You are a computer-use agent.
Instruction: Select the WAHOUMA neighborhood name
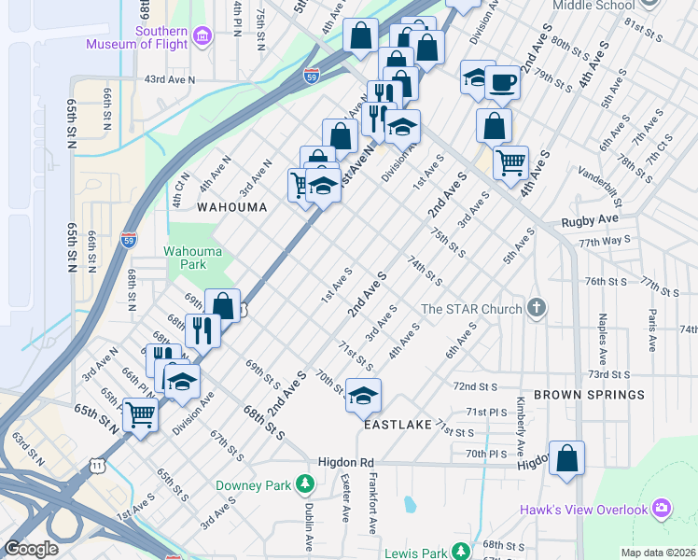click(225, 206)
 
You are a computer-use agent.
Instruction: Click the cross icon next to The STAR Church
click(536, 308)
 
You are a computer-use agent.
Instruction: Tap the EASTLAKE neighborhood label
click(398, 424)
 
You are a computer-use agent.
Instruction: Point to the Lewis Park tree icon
click(459, 552)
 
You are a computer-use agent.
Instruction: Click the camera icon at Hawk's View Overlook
click(662, 509)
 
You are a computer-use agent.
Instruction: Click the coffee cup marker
click(502, 82)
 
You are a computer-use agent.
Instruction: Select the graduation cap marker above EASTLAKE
click(363, 395)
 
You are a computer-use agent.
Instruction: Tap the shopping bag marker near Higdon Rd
click(566, 458)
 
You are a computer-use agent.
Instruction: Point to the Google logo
click(31, 548)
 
